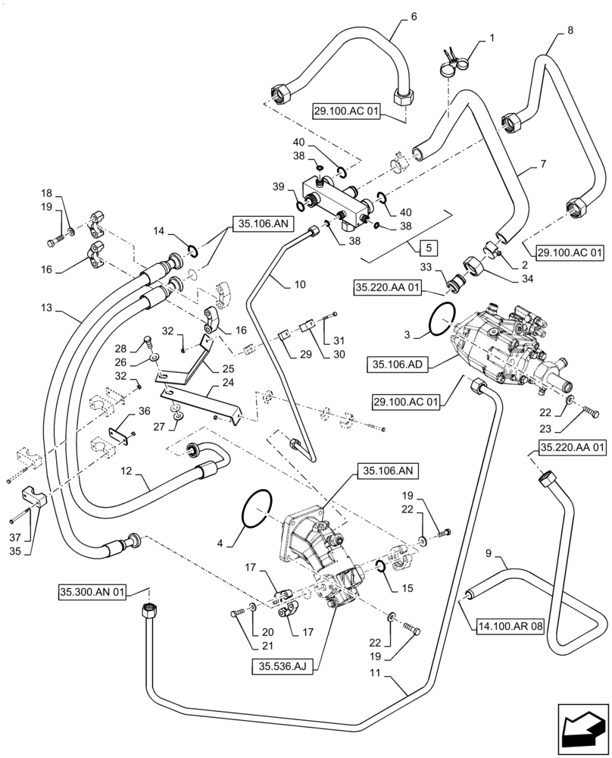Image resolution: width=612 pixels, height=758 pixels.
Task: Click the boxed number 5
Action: [429, 248]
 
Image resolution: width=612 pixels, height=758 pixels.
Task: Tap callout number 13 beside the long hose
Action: [48, 310]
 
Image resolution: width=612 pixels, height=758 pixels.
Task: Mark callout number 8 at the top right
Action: [570, 30]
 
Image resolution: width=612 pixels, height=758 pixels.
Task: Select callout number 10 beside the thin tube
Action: [301, 284]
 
